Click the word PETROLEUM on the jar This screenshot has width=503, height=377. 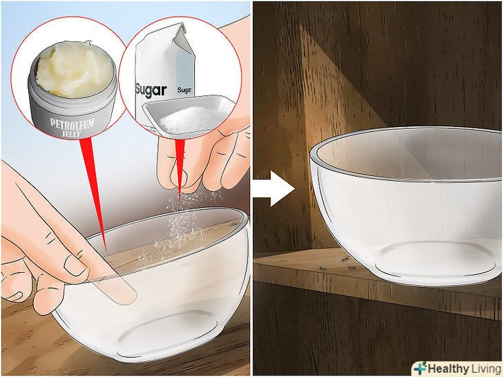[x=72, y=124]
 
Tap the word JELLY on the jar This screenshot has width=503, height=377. [x=71, y=133]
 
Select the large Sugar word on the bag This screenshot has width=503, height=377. [x=151, y=91]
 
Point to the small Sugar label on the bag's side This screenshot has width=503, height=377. [x=184, y=90]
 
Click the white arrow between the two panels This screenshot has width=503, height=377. [x=274, y=188]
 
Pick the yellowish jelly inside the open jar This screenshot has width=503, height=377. [x=73, y=69]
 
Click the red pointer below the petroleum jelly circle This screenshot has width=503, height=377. [x=94, y=193]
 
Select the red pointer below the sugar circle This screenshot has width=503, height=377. [x=180, y=166]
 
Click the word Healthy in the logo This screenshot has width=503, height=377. [x=448, y=369]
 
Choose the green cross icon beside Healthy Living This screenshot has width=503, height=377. [x=420, y=368]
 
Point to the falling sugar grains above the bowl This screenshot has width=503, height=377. [x=180, y=224]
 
